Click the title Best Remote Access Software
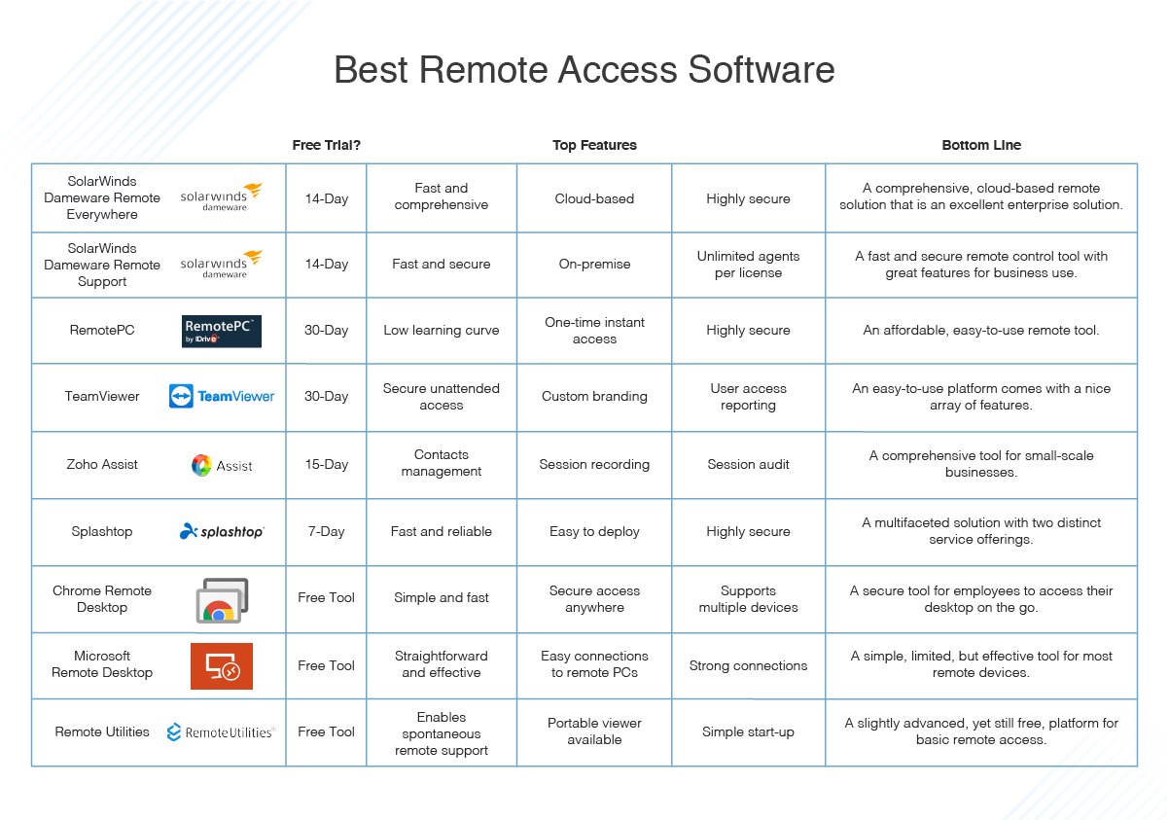coord(584,70)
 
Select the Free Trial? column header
coord(327,145)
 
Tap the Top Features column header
coord(594,145)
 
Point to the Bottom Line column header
coord(981,145)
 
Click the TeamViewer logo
coord(222,396)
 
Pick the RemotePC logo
coord(222,331)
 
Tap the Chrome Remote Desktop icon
coord(222,600)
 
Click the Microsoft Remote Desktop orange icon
coord(222,666)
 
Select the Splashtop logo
coord(222,532)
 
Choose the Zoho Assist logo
coord(222,465)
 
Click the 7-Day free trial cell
coord(327,532)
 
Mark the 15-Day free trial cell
coord(327,465)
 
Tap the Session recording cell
coord(594,465)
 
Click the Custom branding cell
coord(594,397)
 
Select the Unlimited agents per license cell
coord(748,265)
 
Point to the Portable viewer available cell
coord(594,731)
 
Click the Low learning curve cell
coord(442,331)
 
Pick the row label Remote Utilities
coord(102,731)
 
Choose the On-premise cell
coord(594,265)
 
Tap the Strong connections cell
coord(748,666)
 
